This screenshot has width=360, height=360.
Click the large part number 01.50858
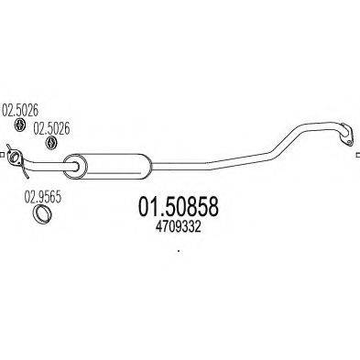point(180,210)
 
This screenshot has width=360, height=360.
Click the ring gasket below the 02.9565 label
point(42,215)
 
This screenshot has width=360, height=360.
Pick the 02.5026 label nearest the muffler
point(51,129)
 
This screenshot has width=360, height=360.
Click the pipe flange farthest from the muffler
point(346,137)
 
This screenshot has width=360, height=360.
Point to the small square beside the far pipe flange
point(356,154)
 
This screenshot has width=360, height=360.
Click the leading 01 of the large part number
point(147,210)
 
